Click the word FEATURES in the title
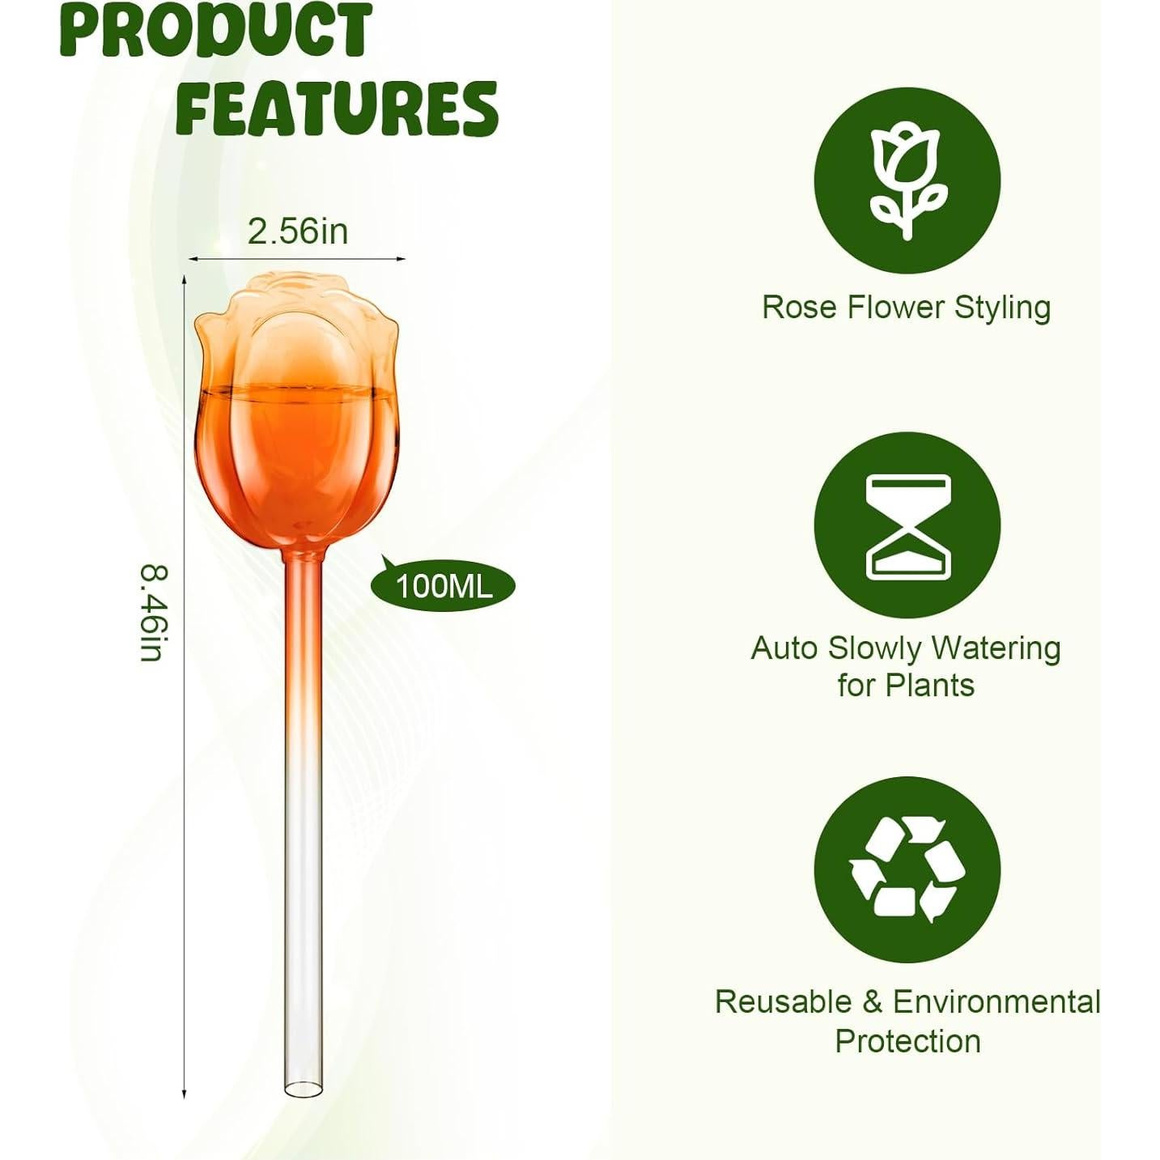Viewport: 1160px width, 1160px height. pyautogui.click(x=336, y=108)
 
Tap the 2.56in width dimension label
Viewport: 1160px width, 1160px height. pyautogui.click(x=298, y=232)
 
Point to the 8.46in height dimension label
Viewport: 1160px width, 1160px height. pyautogui.click(x=152, y=612)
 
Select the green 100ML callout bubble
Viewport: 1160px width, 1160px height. pyautogui.click(x=444, y=584)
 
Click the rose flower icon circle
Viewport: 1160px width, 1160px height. pyautogui.click(x=907, y=180)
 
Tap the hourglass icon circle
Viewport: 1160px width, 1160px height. pyautogui.click(x=907, y=526)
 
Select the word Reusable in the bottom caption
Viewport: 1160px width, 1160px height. pyautogui.click(x=782, y=1002)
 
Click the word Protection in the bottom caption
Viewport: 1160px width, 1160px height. pyautogui.click(x=907, y=1041)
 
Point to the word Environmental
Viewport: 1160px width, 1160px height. pyautogui.click(x=996, y=1002)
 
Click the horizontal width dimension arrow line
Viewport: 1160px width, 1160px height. pyautogui.click(x=297, y=259)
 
